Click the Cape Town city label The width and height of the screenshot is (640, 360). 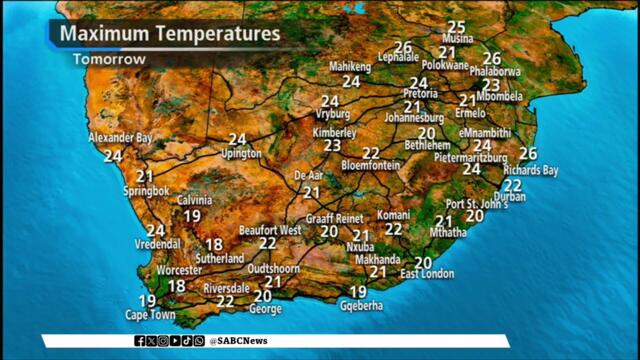point(150,315)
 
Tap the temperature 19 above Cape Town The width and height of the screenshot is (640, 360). point(147,301)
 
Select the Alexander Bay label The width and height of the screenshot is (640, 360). point(121,137)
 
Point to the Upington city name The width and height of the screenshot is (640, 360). point(241,154)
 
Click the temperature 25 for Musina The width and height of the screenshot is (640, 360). point(457,27)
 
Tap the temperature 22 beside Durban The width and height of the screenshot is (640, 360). point(513,185)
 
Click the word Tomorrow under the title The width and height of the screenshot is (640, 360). point(109,59)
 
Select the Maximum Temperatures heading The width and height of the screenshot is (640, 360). point(170,34)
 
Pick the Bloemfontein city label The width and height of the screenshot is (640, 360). point(370,165)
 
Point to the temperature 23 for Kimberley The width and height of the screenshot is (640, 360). point(333,145)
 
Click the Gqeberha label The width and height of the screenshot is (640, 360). point(362,308)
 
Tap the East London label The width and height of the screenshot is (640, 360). point(427,274)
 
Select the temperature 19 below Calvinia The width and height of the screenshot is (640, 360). point(192,215)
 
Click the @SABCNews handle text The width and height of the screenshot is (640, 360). point(238,341)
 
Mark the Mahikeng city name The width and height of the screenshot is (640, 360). point(350,67)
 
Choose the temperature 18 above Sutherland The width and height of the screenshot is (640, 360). point(214,244)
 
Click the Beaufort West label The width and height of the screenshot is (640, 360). point(270,230)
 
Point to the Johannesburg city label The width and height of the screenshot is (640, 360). point(414,118)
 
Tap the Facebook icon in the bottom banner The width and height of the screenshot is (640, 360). point(140,341)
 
